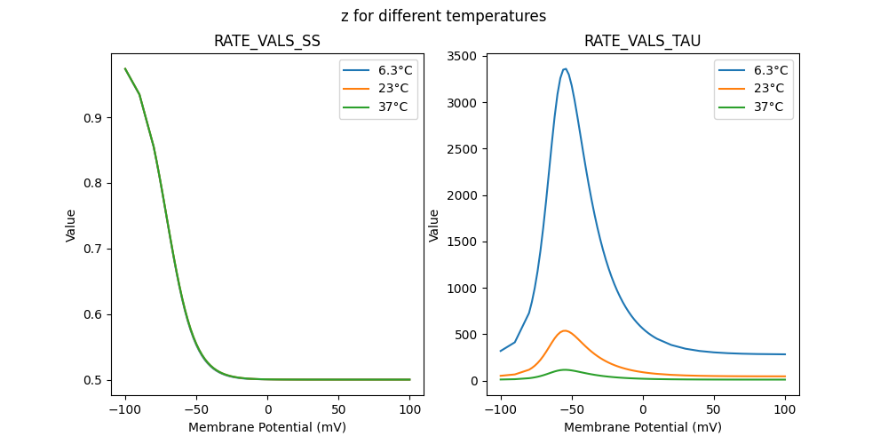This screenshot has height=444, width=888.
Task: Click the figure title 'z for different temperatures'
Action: (x=443, y=16)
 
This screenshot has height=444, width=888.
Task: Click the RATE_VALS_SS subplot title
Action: (x=267, y=41)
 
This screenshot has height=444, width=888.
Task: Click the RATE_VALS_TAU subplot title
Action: (x=642, y=41)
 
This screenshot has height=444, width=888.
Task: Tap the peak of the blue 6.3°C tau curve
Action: (x=565, y=69)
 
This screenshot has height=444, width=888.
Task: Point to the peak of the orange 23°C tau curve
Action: (x=565, y=330)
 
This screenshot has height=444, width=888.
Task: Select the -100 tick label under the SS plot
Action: (x=125, y=410)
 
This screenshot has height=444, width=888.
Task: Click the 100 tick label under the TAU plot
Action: (x=785, y=410)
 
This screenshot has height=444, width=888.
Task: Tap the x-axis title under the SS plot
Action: (x=267, y=427)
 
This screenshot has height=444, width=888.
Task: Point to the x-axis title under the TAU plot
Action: (x=642, y=427)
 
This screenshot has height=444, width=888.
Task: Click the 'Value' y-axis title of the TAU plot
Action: (x=434, y=226)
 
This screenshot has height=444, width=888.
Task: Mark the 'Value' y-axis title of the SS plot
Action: (x=71, y=226)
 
